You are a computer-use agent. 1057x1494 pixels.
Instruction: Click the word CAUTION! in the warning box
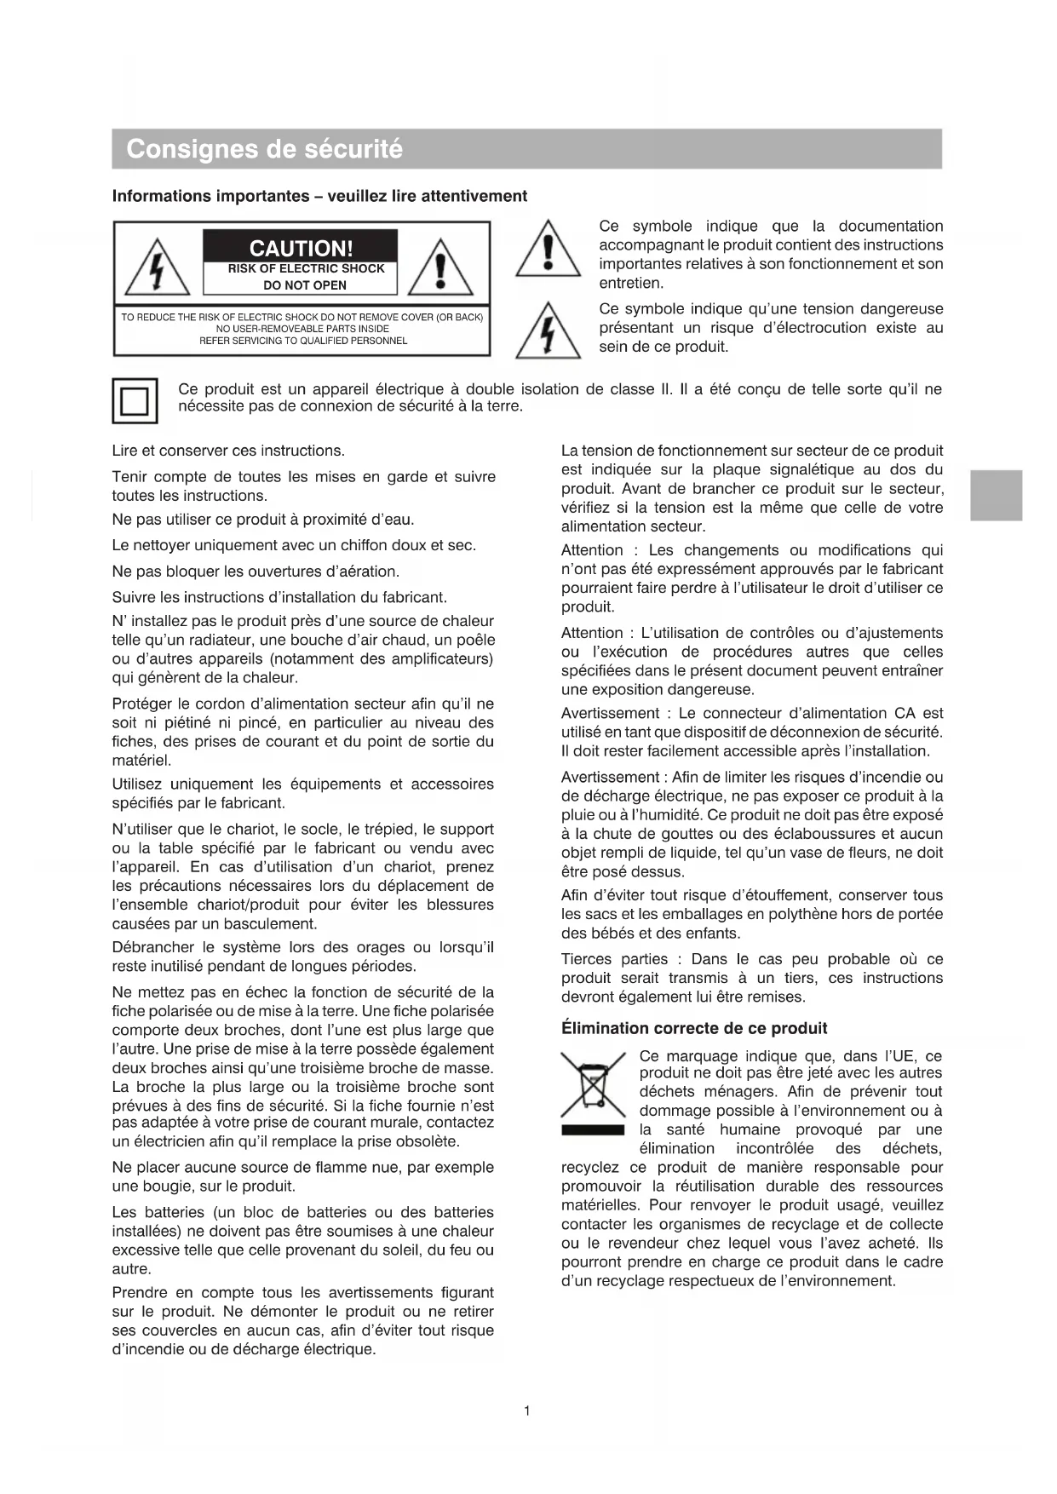[301, 248]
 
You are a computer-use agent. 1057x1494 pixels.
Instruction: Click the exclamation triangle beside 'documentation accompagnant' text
[549, 250]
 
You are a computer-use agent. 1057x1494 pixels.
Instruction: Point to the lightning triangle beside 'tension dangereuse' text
[549, 332]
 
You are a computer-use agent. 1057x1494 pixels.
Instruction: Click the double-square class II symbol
[135, 400]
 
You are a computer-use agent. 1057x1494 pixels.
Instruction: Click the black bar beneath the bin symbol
[593, 1130]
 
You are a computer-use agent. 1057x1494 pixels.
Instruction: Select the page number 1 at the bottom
[527, 1411]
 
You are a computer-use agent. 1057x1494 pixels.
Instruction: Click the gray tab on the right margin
[996, 495]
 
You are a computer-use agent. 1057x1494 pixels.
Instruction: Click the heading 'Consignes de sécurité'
[264, 149]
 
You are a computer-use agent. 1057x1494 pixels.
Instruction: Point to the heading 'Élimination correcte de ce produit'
[694, 1028]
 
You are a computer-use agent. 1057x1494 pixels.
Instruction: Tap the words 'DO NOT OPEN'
[304, 285]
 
